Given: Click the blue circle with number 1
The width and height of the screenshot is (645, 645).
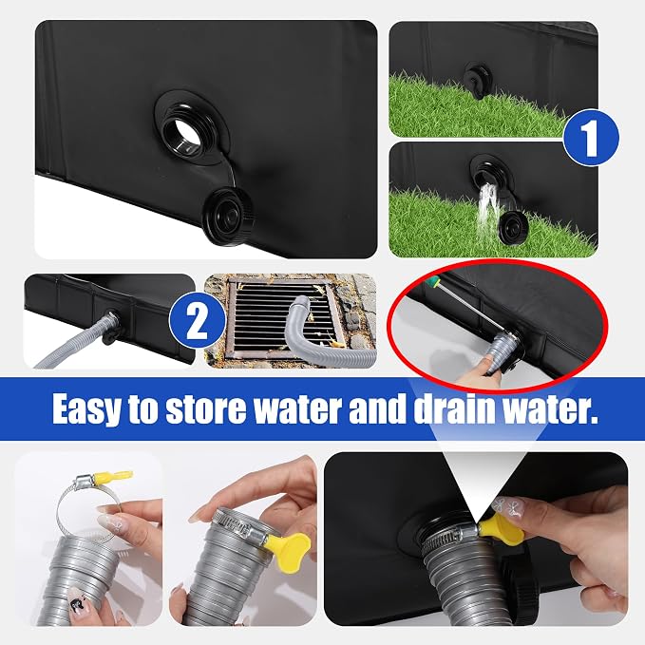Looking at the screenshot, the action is [x=591, y=137].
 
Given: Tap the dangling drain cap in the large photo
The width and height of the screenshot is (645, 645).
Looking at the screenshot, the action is [x=228, y=215].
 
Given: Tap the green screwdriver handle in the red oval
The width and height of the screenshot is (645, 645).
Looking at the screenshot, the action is [x=433, y=282].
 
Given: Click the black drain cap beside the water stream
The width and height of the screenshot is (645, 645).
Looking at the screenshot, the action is [x=513, y=226].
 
